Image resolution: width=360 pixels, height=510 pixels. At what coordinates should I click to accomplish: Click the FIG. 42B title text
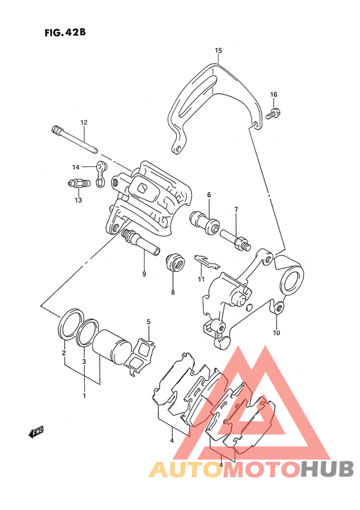tap(65, 33)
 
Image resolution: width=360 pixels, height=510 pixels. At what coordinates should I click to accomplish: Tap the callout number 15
tap(218, 50)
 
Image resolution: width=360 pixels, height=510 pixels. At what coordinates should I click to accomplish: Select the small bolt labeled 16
tap(273, 113)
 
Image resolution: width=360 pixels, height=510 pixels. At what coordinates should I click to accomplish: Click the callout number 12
tap(84, 122)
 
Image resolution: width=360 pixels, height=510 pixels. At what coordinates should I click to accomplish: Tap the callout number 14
tap(75, 167)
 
